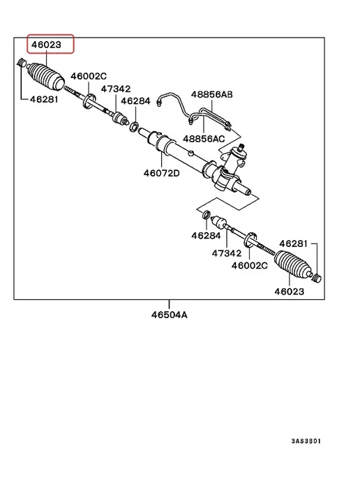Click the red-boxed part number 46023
[x=46, y=45]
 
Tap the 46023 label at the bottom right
[x=290, y=291]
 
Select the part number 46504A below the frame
[x=169, y=315]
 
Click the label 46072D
[x=162, y=173]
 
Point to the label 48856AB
[x=212, y=94]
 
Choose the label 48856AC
[x=204, y=139]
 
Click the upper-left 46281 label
[x=44, y=99]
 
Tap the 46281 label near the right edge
[x=293, y=243]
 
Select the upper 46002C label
[x=89, y=76]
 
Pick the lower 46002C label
[x=250, y=265]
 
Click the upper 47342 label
[x=116, y=89]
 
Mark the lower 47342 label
[x=227, y=253]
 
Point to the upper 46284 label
[x=135, y=101]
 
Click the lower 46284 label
[x=206, y=235]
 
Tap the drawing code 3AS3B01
[x=306, y=441]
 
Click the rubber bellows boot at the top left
[x=46, y=77]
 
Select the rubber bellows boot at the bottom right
[x=293, y=265]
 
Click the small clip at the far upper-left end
[x=21, y=62]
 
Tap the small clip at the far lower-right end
[x=317, y=278]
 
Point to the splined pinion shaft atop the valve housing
[x=241, y=147]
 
